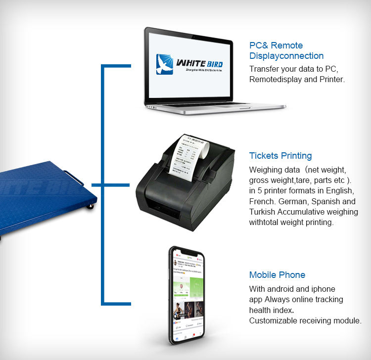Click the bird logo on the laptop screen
[165, 64]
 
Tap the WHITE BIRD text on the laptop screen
[199, 63]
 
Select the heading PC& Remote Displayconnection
[286, 50]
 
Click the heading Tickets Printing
[280, 156]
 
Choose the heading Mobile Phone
[277, 275]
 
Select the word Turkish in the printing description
[263, 212]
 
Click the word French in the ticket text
[262, 202]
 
